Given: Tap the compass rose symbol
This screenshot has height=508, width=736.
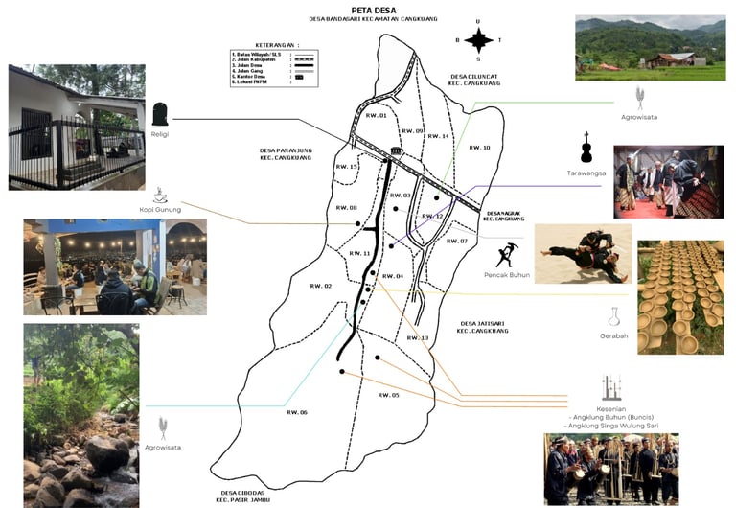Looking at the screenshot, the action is pos(479,39).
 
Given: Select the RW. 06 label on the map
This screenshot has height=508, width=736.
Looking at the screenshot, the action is pos(297,412).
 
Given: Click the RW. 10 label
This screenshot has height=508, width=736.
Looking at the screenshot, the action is pos(479,148).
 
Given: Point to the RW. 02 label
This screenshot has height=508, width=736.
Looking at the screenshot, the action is pos(321,286).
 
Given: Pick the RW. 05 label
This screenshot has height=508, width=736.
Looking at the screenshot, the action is pos(388,395).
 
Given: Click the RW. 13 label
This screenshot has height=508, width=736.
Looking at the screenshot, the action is pos(417,338).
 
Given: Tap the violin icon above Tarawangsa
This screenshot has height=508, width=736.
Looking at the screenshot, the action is pos(585,147).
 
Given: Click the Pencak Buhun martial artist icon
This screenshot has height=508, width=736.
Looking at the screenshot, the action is pos(508,255).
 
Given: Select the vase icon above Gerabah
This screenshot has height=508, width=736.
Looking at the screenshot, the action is pos(613,316).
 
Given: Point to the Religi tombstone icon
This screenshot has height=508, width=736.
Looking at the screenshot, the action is pos(161,114).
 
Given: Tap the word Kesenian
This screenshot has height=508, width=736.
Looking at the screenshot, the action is pos(611,409).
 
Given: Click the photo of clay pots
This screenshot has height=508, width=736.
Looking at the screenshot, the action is pos(679,296).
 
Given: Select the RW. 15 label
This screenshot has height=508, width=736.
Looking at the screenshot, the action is pos(347,167).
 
